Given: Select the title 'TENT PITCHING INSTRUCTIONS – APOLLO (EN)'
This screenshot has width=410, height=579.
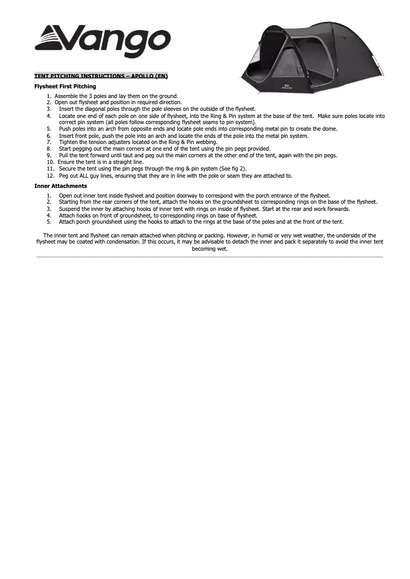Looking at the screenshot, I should (101, 76).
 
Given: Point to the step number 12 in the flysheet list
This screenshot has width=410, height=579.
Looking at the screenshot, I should (50, 176).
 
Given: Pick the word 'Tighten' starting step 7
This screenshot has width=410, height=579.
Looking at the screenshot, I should (67, 142).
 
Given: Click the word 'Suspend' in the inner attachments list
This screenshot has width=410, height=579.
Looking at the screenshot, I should (69, 209).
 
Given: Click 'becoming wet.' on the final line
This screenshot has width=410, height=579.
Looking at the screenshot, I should (210, 249).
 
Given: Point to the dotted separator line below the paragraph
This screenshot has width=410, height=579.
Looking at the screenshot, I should (210, 256).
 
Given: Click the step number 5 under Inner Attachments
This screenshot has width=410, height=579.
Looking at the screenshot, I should (49, 222).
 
